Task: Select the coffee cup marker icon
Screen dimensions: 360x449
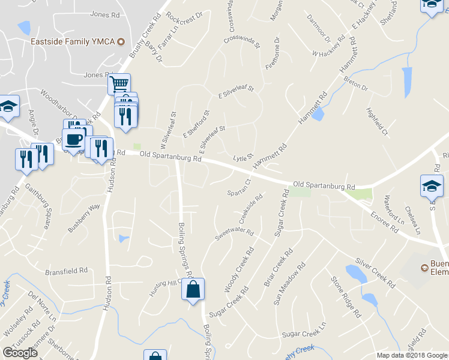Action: pos(74,139)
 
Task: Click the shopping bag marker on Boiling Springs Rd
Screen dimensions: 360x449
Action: pos(193,290)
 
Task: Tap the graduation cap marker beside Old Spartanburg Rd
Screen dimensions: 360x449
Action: pos(432,185)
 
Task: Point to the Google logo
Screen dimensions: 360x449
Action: pos(20,353)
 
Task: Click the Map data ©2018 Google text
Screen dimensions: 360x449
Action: pos(412,355)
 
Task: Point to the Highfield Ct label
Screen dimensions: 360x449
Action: pos(378,121)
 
